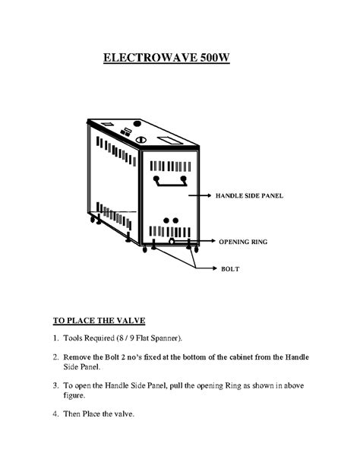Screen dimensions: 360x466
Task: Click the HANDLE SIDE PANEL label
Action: [x=250, y=195]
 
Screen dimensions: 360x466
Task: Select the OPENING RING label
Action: [x=244, y=241]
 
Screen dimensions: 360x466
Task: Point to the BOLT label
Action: [x=230, y=268]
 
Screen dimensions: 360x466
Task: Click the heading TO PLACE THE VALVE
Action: [x=98, y=320]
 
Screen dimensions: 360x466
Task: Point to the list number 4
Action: [x=55, y=414]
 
